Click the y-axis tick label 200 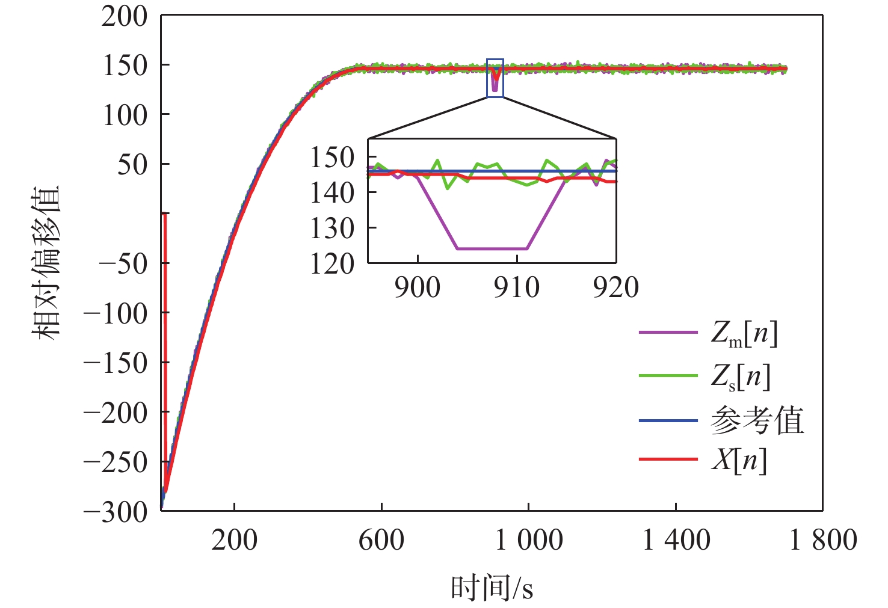pos(124,17)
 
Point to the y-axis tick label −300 pos(116,512)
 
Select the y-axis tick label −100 pos(116,314)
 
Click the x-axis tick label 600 pos(381,540)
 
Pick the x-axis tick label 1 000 pos(528,540)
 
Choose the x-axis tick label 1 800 pos(822,540)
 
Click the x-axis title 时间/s pos(492,588)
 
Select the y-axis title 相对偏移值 pos(46,263)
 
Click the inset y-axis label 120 pos(331,264)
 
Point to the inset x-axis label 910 pos(516,287)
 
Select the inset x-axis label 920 pos(615,287)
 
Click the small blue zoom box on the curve pos(495,78)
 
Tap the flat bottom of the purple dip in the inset pos(492,248)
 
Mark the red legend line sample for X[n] pos(668,460)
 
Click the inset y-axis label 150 pos(331,158)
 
